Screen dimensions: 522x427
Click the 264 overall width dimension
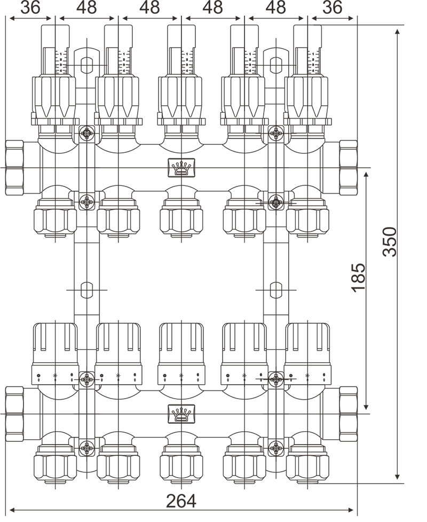181,501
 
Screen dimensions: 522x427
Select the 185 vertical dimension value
358,277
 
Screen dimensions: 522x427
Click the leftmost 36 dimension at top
31,7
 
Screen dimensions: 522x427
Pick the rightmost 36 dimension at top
331,7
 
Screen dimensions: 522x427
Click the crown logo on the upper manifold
181,168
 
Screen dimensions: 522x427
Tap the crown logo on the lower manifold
181,413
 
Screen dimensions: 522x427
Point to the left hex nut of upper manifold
14,168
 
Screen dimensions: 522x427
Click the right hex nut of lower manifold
348,414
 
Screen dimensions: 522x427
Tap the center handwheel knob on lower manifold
181,345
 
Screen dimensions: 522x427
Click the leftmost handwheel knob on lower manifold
56,345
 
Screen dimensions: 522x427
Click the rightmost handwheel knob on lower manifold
307,345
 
